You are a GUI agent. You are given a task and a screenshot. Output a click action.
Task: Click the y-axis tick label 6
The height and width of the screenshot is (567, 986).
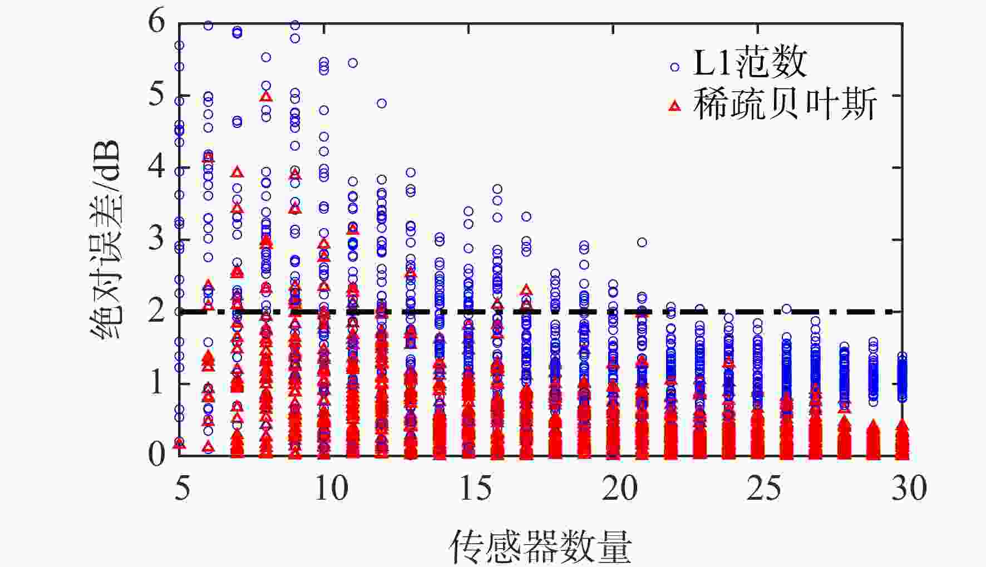click(157, 22)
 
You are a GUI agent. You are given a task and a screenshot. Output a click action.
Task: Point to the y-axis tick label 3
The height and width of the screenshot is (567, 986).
click(157, 239)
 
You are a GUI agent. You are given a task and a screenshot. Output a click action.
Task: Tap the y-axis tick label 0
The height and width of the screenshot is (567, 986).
click(157, 455)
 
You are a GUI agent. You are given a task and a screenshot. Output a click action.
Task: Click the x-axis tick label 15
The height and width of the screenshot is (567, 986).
click(476, 489)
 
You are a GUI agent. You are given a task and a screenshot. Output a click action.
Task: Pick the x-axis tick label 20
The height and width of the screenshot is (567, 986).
click(620, 489)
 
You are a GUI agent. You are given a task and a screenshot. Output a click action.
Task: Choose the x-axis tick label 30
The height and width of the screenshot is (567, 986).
click(909, 489)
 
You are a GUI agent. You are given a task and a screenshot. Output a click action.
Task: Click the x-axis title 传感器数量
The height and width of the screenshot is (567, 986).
click(540, 546)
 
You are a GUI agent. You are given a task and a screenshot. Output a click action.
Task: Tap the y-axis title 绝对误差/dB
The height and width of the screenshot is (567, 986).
click(106, 239)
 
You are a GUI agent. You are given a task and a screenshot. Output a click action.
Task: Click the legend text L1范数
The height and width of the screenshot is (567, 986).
click(750, 62)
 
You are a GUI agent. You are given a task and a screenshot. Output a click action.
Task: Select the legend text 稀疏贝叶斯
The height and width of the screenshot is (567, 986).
click(785, 104)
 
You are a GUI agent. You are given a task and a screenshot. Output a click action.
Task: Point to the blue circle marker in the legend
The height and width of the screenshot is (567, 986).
click(675, 67)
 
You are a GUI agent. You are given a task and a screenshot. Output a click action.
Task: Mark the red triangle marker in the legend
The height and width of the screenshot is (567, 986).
click(675, 105)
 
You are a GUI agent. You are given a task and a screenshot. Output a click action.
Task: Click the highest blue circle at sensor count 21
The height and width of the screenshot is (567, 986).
click(642, 242)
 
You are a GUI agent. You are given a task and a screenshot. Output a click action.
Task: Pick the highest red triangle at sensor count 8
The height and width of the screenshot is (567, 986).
click(266, 96)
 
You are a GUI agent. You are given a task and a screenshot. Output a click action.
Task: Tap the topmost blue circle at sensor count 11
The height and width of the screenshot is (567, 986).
click(353, 63)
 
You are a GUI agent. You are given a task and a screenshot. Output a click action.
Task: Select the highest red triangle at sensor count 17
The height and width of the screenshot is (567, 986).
click(526, 290)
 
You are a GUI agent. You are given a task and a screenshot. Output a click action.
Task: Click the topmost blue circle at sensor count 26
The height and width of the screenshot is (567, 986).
click(786, 309)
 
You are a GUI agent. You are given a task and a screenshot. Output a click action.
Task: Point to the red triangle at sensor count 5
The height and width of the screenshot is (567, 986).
click(179, 443)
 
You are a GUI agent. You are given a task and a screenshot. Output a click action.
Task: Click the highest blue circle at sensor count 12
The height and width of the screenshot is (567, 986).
click(382, 103)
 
